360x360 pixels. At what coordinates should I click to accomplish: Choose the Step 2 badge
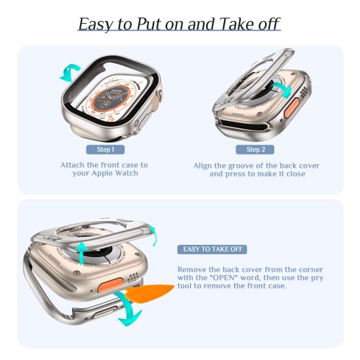coord(256,149)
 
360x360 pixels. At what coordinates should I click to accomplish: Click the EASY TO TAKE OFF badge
coord(215,248)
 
